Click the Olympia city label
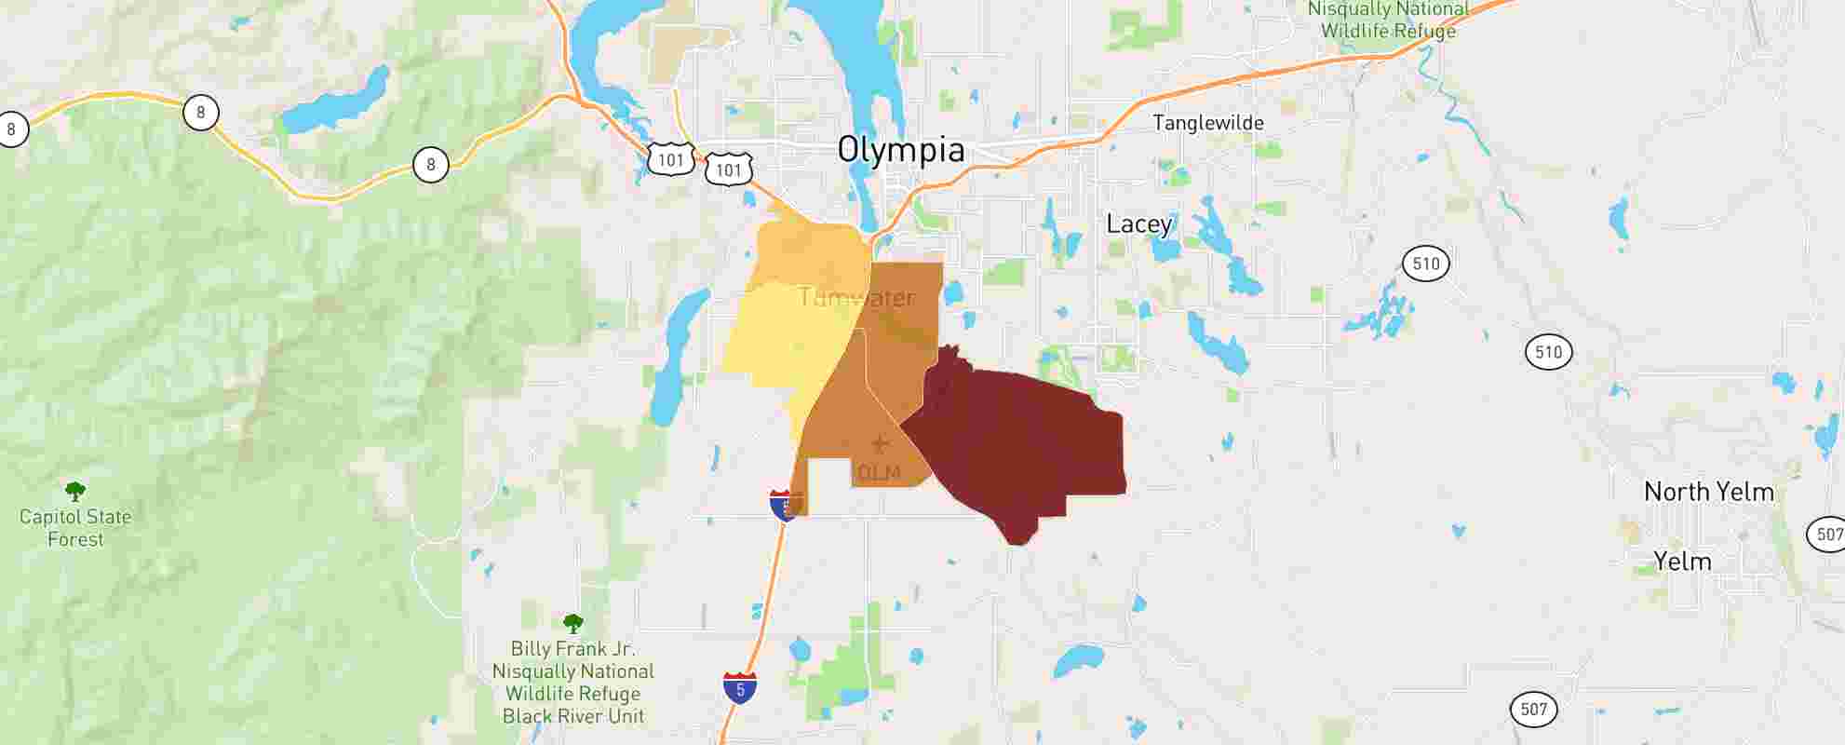[x=900, y=150]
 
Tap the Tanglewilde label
[x=1207, y=123]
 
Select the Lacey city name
[x=1138, y=224]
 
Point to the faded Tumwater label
[x=856, y=298]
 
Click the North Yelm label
[x=1708, y=492]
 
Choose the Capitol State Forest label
[x=75, y=528]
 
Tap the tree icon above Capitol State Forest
[x=75, y=491]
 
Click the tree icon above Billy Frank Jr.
[x=573, y=623]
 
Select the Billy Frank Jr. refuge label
[x=573, y=683]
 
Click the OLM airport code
[x=879, y=473]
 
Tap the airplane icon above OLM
[x=879, y=444]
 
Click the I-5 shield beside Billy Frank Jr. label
[x=740, y=688]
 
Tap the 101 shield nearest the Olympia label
[x=729, y=169]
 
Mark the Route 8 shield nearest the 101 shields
[x=430, y=166]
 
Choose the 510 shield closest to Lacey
[x=1426, y=264]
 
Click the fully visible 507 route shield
[x=1533, y=710]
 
